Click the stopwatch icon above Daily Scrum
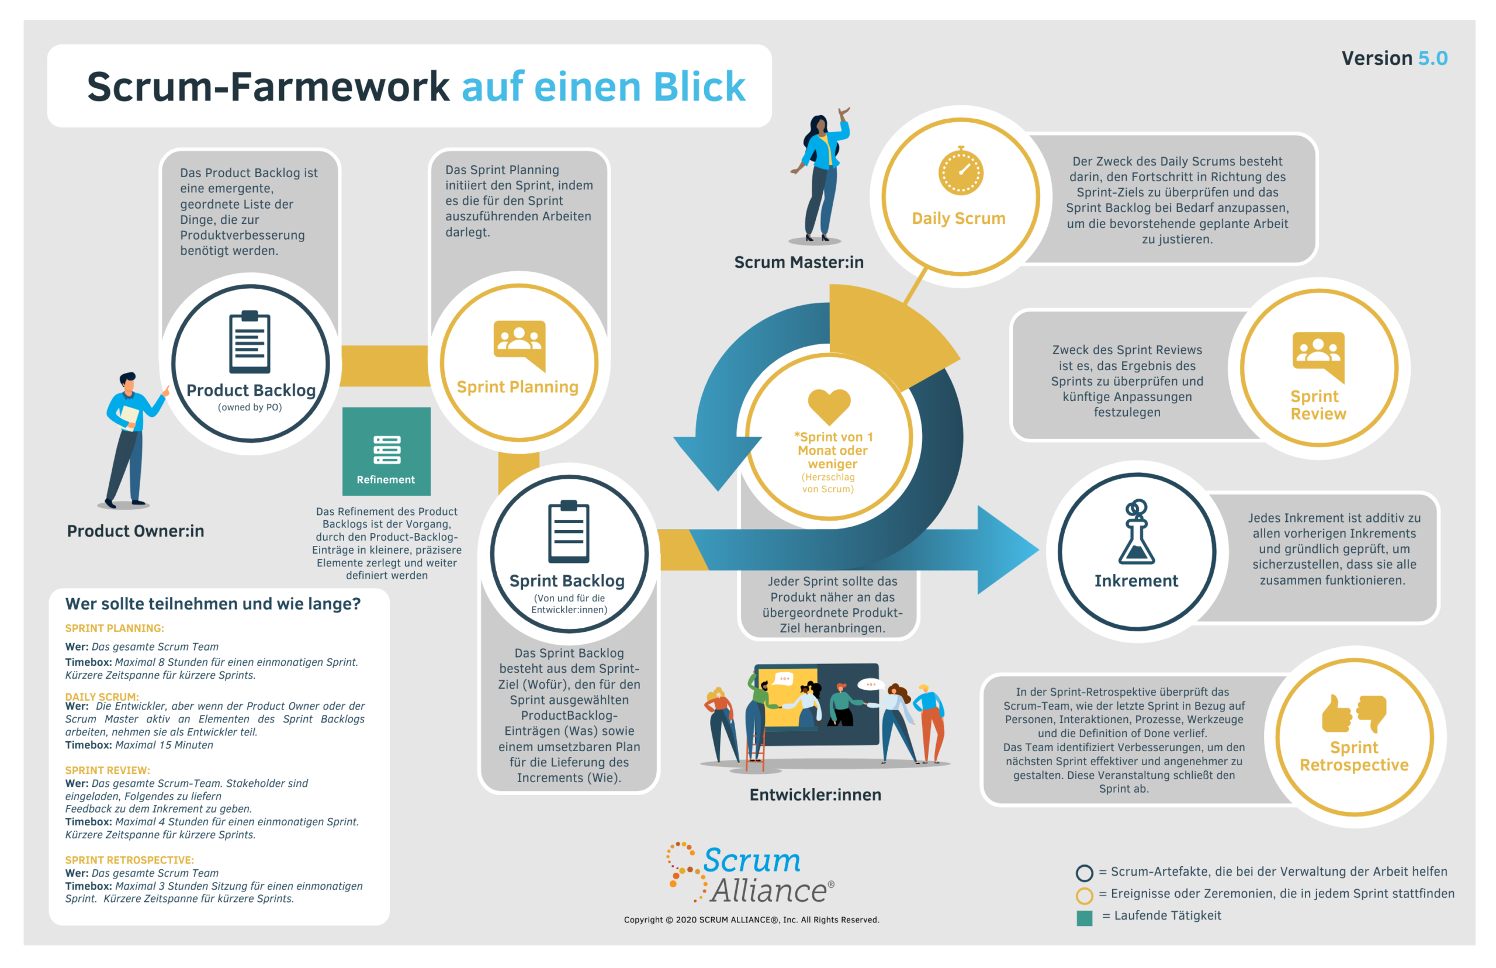coord(960,170)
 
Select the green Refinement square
coord(386,451)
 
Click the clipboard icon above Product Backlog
coord(250,341)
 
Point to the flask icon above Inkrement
coord(1136,531)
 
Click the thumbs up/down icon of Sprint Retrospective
coord(1353,713)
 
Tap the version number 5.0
coord(1432,58)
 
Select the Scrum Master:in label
coord(799,261)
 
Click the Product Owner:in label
coord(136,531)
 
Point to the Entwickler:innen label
coord(815,794)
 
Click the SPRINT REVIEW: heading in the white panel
coord(108,770)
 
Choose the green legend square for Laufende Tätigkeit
coord(1084,918)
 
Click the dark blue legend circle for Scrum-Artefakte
coord(1084,873)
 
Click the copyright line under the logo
coord(752,919)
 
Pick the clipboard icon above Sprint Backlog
coord(569,531)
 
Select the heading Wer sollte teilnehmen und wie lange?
coord(213,603)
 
